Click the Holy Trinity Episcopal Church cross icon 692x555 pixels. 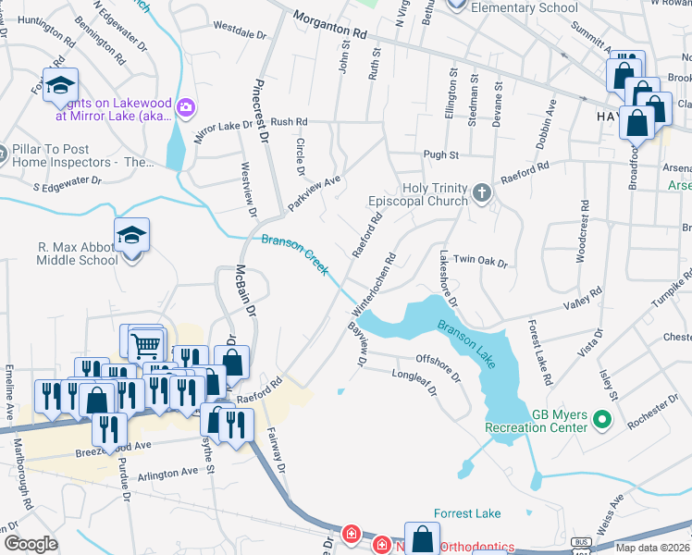click(481, 192)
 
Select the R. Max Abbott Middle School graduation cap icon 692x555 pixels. click(131, 238)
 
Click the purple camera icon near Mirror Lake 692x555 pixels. click(186, 109)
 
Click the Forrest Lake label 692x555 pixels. click(467, 513)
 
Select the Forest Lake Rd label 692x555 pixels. click(539, 352)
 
